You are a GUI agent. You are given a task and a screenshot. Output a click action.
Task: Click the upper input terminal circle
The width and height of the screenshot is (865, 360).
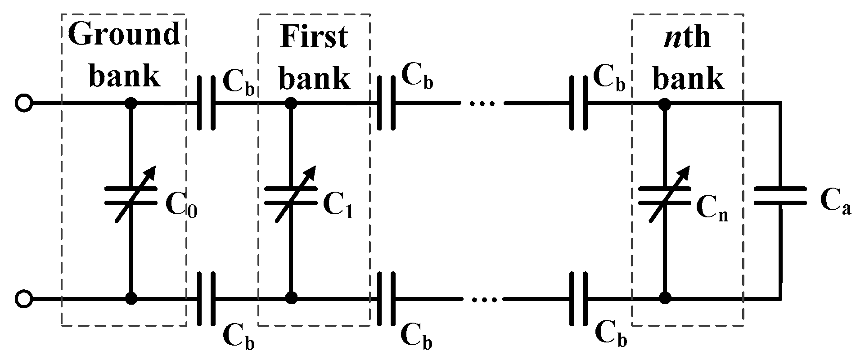pyautogui.click(x=23, y=103)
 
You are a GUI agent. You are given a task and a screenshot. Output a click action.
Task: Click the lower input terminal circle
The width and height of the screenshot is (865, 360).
pyautogui.click(x=23, y=298)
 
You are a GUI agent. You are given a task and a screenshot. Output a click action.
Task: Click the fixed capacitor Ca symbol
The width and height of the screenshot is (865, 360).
pyautogui.click(x=780, y=197)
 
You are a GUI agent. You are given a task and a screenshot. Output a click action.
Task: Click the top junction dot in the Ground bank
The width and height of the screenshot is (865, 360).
pyautogui.click(x=131, y=103)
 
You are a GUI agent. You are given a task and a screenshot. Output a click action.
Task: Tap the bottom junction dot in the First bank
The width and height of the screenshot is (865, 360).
pyautogui.click(x=291, y=298)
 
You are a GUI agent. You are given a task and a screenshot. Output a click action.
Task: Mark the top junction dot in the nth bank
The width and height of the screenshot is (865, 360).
pyautogui.click(x=664, y=103)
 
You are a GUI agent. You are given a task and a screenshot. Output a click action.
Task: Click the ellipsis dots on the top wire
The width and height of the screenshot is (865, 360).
pyautogui.click(x=482, y=104)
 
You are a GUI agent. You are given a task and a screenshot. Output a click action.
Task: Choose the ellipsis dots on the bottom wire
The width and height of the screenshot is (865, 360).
pyautogui.click(x=482, y=299)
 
